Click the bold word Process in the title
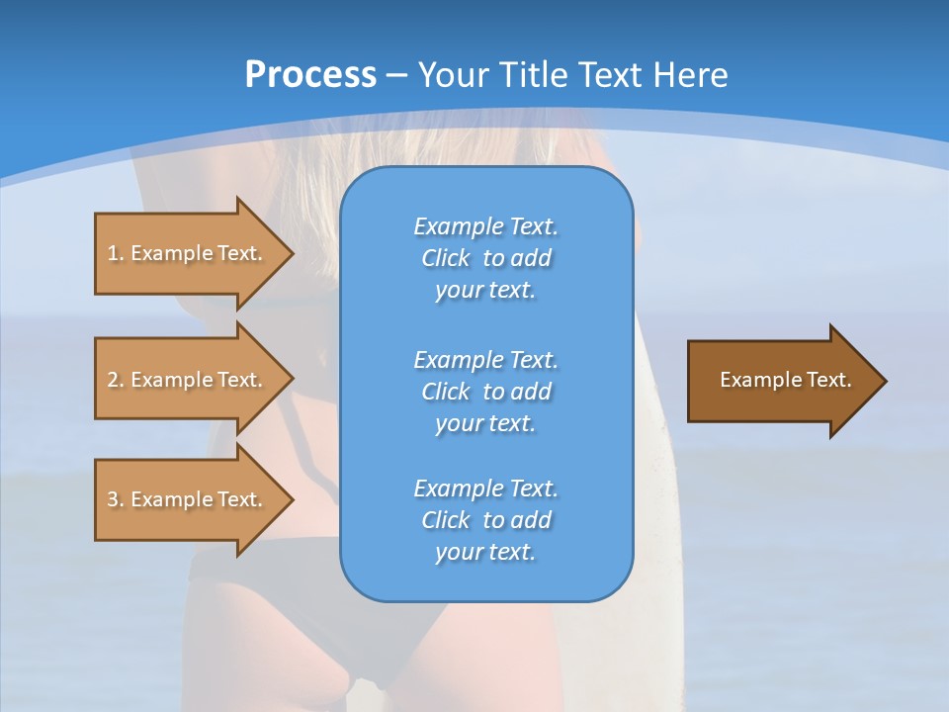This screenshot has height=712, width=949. [310, 75]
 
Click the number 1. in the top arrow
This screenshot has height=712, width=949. [116, 253]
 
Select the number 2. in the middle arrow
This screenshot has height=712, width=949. [116, 380]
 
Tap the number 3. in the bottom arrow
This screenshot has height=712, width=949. [116, 499]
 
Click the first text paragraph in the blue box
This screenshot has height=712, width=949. [485, 258]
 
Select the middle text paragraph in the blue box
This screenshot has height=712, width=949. [485, 392]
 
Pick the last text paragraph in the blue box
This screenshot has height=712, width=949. [485, 520]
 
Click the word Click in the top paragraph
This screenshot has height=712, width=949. [446, 258]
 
